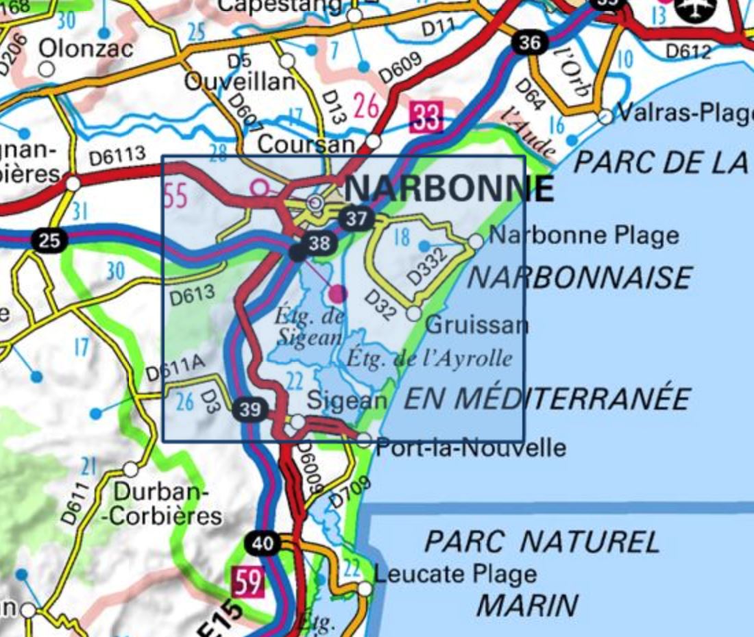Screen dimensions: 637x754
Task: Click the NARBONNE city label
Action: click(449, 188)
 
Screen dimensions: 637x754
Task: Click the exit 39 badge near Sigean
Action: click(251, 410)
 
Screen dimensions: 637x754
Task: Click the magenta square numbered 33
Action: click(426, 117)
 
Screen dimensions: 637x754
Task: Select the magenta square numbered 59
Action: click(247, 583)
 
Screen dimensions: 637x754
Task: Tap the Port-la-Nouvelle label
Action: click(472, 448)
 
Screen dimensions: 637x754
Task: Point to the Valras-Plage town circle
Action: click(605, 117)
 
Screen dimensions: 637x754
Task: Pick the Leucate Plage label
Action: click(455, 574)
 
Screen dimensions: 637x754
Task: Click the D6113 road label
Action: click(117, 157)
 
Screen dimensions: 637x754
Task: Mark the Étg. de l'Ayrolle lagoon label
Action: click(429, 358)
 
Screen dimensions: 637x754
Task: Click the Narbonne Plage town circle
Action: click(476, 241)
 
